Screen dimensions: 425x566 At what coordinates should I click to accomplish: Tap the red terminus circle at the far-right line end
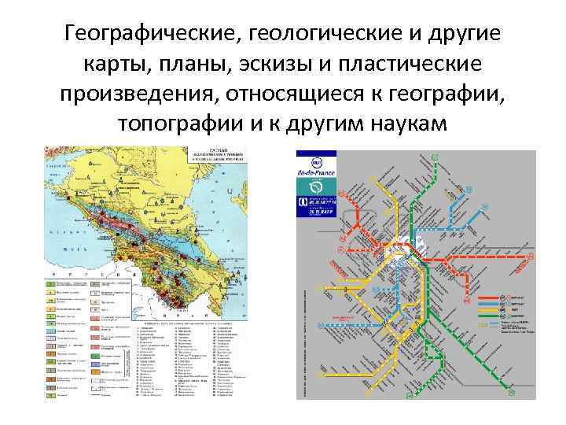531,257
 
